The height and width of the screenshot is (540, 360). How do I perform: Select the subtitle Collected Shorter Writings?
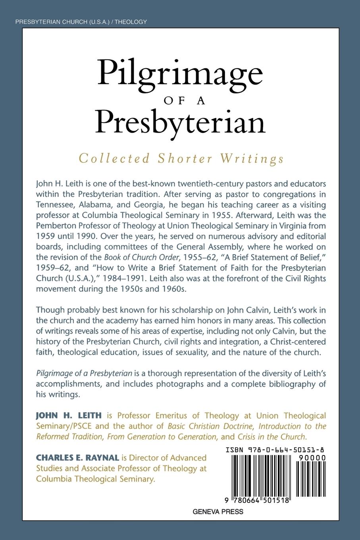[181, 158]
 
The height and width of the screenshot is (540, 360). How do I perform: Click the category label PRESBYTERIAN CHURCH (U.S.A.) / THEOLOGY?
[81, 22]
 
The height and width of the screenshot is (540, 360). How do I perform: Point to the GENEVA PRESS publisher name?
[218, 511]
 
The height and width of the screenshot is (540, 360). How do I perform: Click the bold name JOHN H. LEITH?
[69, 415]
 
